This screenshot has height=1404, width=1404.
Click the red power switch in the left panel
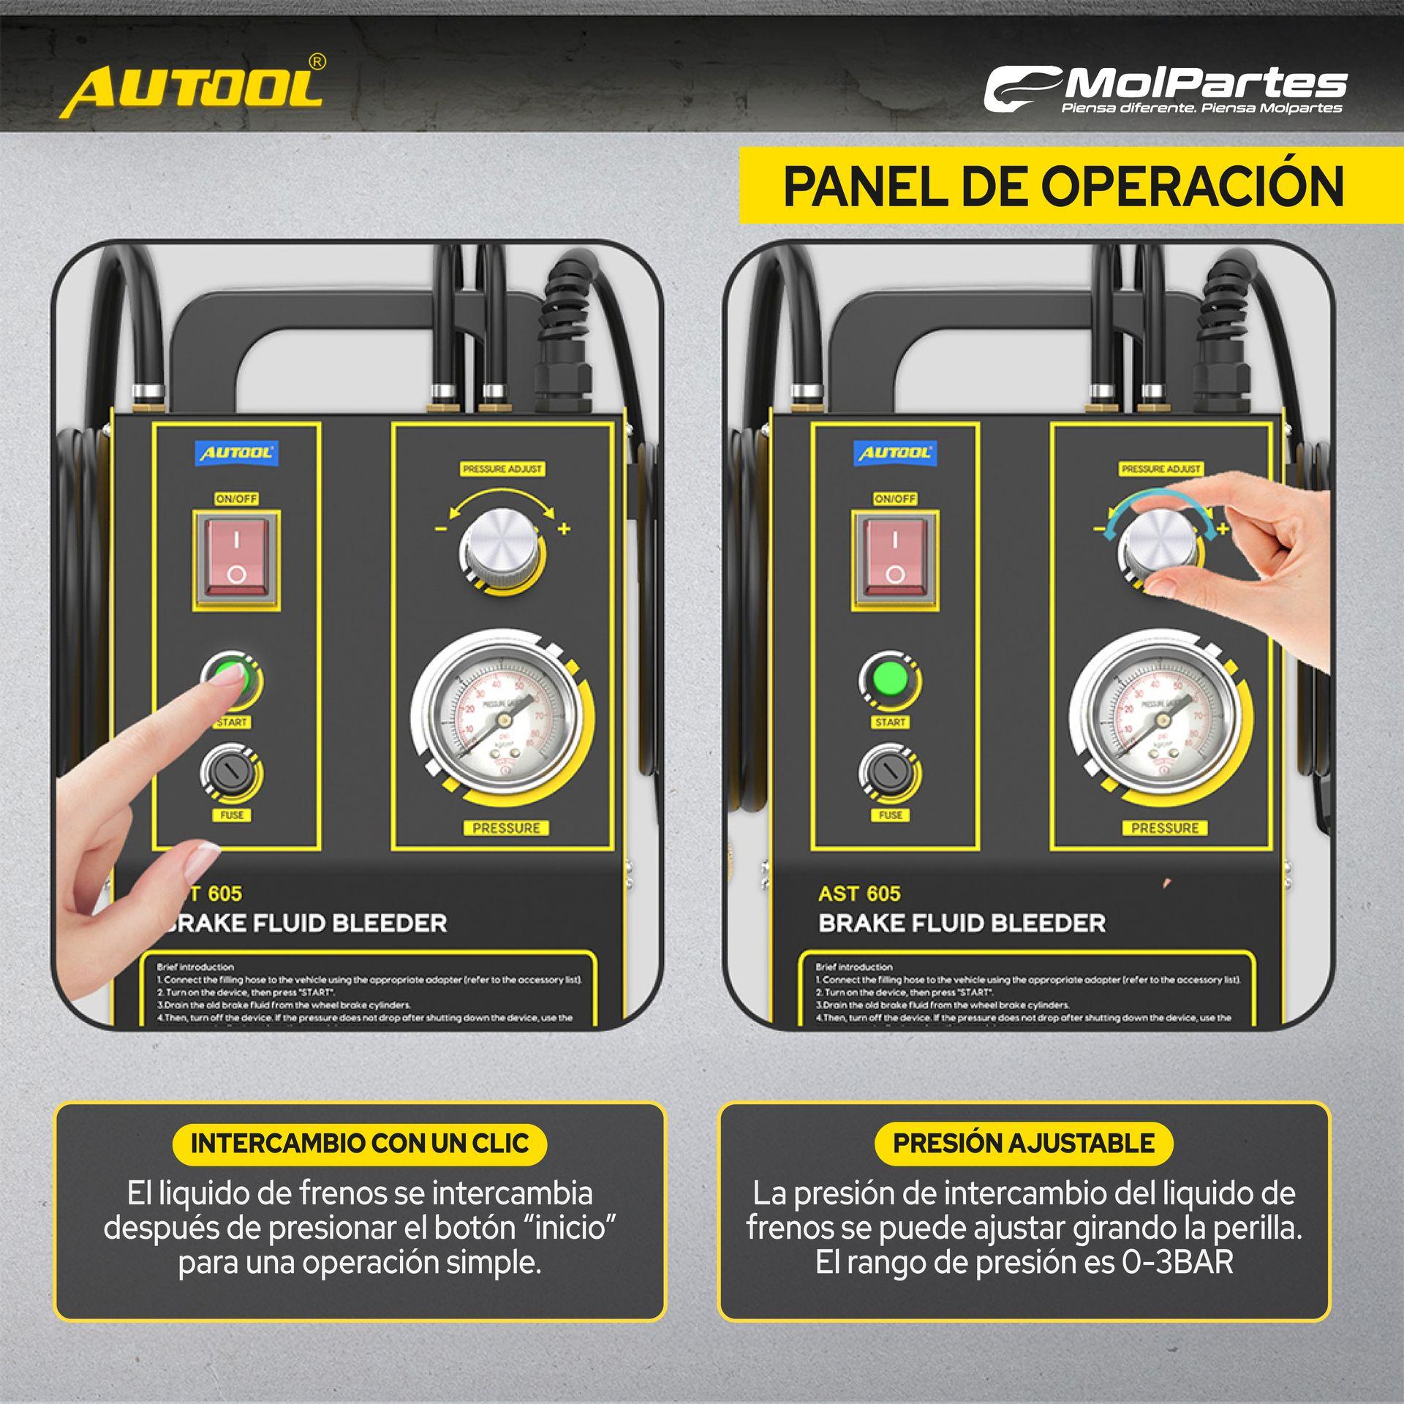tap(235, 560)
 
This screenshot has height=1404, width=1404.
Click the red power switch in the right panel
tap(894, 560)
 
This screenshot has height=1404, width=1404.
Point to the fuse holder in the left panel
tap(232, 773)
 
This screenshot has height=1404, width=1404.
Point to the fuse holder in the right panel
tap(890, 773)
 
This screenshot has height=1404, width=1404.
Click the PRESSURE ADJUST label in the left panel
tap(503, 469)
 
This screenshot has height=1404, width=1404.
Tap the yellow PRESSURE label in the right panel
tap(1165, 828)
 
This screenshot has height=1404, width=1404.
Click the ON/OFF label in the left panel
tap(236, 499)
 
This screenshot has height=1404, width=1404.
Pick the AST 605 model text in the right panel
tap(859, 894)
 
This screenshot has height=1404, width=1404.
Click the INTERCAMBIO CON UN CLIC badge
tap(359, 1143)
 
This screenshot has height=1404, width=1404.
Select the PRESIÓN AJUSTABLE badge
tap(1023, 1143)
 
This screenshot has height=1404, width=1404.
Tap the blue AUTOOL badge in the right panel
tap(894, 453)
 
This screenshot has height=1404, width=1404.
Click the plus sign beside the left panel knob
tap(564, 529)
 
